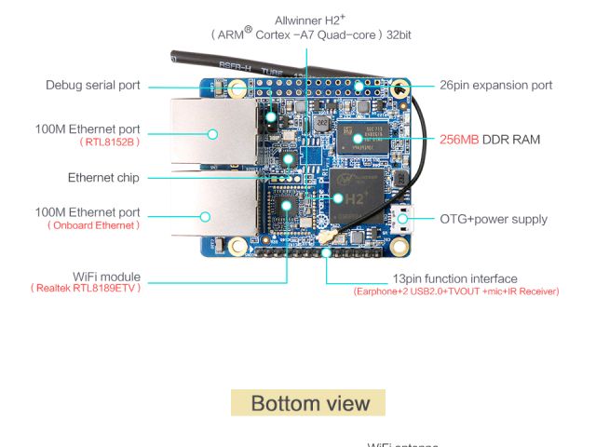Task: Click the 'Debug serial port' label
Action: [93, 85]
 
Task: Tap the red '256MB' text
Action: [459, 139]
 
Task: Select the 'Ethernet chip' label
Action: [103, 177]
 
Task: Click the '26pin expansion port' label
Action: [495, 85]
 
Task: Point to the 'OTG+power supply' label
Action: [494, 220]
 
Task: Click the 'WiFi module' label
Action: [106, 277]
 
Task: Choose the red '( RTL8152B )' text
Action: [110, 142]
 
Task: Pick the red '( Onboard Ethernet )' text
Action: [93, 225]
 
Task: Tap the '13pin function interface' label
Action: [454, 278]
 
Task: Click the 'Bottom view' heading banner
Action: [308, 403]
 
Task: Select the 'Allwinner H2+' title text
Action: [311, 20]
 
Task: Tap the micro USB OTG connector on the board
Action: [403, 221]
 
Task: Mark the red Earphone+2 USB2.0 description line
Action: [455, 291]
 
